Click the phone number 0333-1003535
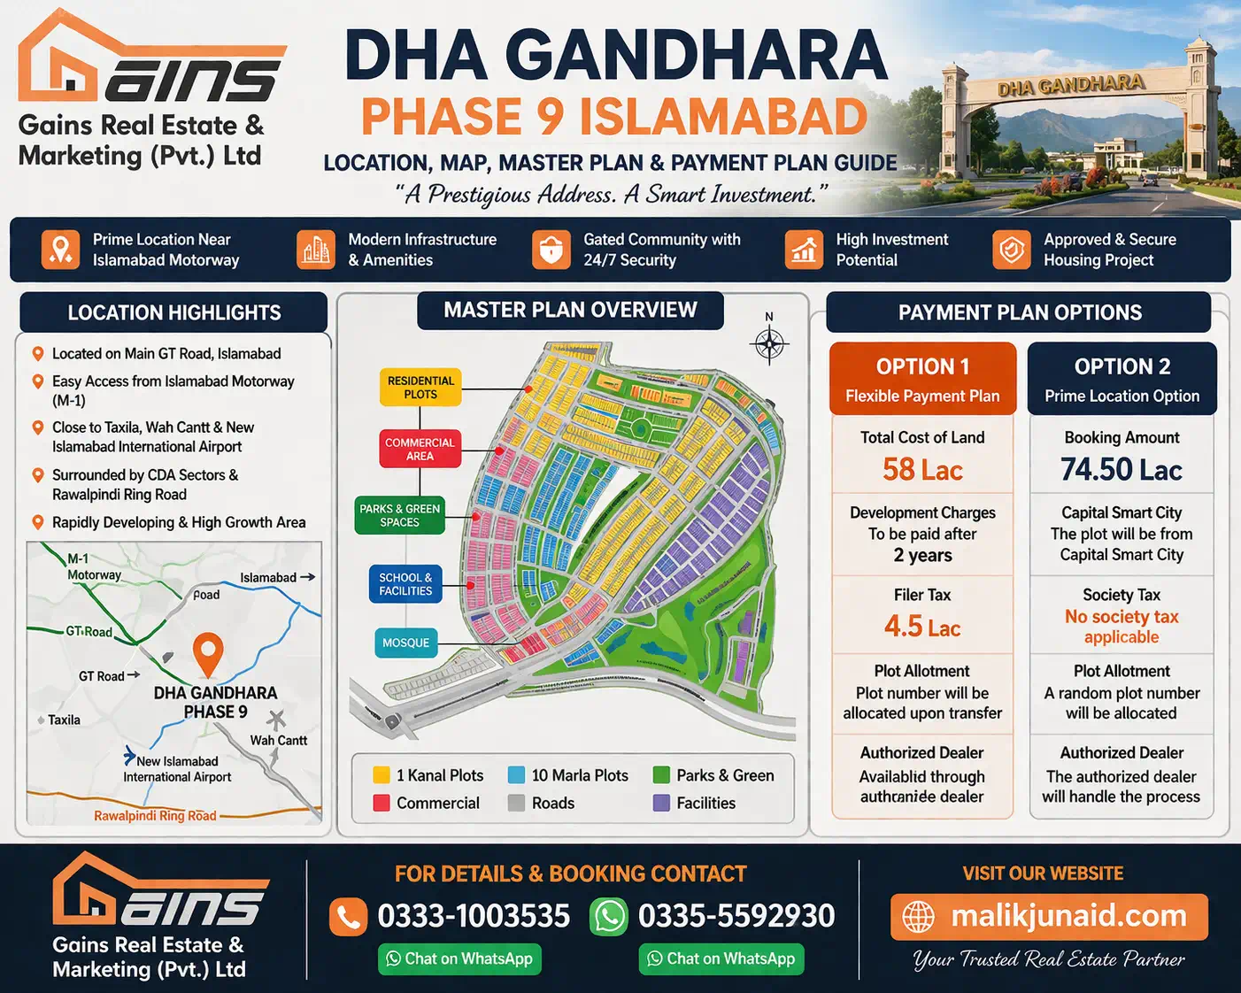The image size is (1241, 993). click(474, 916)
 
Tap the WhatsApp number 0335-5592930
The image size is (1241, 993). click(736, 916)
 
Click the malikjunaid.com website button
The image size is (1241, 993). click(1049, 916)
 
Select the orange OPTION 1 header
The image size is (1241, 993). click(922, 379)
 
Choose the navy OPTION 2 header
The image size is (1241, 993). click(1122, 379)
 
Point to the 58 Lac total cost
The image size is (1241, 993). click(922, 469)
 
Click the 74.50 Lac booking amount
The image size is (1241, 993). click(1122, 469)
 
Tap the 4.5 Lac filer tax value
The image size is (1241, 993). click(922, 627)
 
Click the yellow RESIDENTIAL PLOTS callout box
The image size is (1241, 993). click(420, 388)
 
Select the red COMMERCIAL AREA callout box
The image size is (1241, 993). click(420, 449)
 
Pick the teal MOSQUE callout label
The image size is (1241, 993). click(405, 643)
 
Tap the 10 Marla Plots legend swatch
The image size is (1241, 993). click(516, 775)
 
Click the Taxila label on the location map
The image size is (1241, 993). click(64, 720)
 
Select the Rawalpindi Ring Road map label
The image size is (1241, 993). click(155, 816)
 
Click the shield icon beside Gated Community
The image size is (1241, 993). click(551, 250)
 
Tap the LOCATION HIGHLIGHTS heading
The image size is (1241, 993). click(174, 312)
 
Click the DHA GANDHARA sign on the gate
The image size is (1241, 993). click(1070, 86)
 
